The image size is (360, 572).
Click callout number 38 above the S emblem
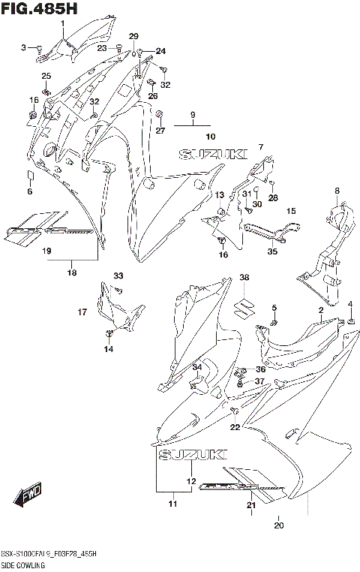244,278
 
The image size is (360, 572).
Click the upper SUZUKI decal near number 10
212,154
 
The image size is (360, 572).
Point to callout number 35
272,252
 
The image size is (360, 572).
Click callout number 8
337,191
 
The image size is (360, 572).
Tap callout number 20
279,525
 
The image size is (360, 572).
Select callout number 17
82,310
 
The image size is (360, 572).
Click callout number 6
30,192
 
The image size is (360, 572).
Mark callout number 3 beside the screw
24,47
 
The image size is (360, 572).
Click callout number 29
134,37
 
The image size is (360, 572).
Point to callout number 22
235,427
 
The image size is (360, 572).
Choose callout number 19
46,251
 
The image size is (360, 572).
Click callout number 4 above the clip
350,303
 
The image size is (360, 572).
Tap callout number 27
160,131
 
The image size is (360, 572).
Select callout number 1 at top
63,23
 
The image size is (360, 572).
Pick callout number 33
118,276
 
